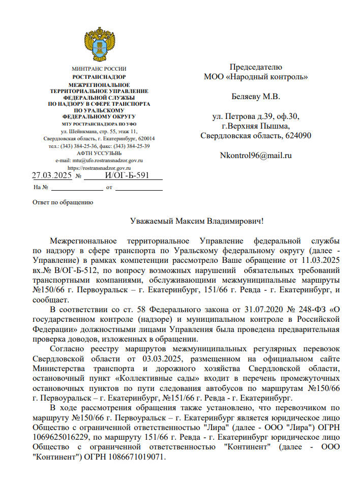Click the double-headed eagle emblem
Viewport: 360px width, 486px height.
(x=99, y=45)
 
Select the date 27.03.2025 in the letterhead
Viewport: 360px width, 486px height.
(x=52, y=175)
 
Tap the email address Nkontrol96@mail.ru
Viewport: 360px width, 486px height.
(x=255, y=155)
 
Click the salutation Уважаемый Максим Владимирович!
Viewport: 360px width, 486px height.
(x=197, y=221)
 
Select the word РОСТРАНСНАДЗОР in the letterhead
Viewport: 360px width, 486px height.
(x=99, y=77)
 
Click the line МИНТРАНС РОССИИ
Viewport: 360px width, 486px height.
(x=99, y=69)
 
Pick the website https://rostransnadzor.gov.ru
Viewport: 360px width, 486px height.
(x=99, y=168)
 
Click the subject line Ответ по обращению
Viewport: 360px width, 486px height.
(x=63, y=202)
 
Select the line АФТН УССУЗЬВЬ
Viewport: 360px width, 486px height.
(x=99, y=153)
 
